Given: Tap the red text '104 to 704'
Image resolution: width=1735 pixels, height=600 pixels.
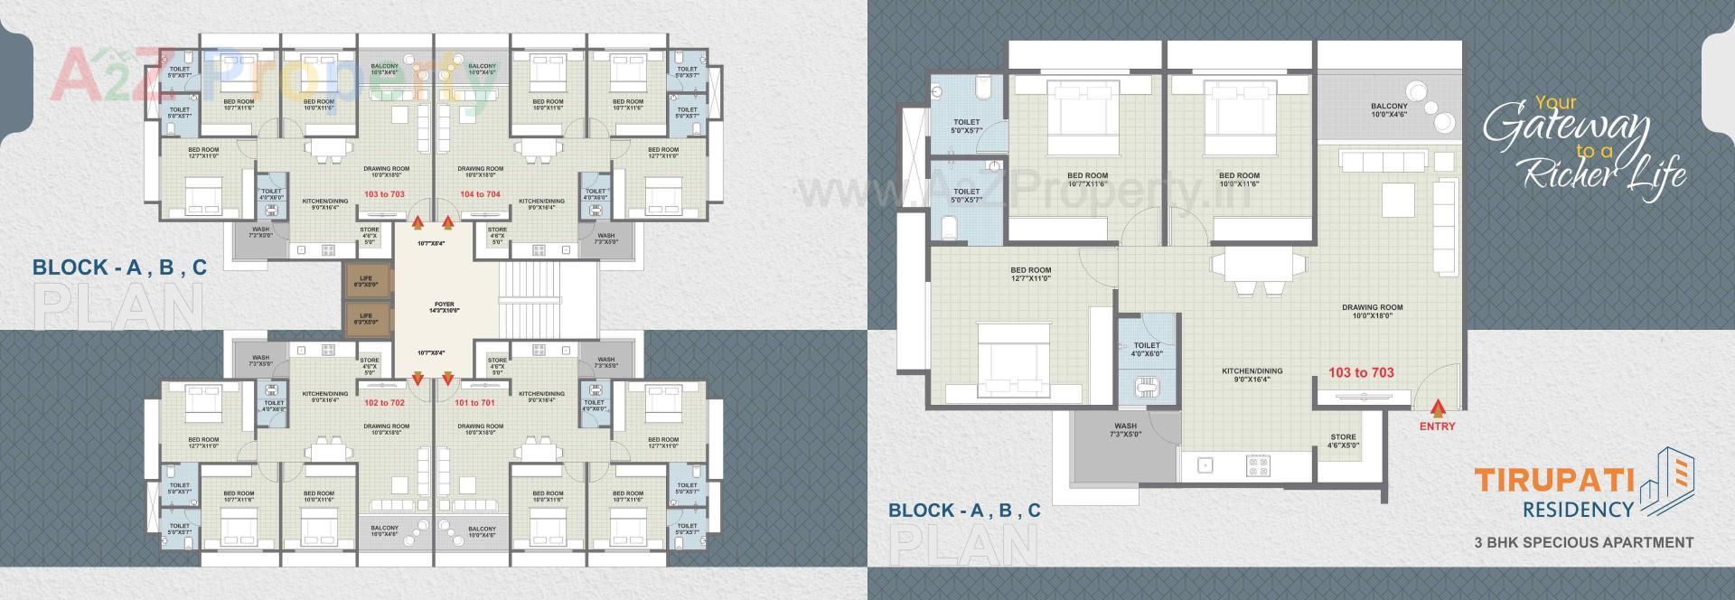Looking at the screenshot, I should (x=480, y=194).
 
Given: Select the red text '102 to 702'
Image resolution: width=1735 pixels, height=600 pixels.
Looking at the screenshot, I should (x=384, y=403).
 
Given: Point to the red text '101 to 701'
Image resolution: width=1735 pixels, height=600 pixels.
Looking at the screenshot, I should (x=474, y=403).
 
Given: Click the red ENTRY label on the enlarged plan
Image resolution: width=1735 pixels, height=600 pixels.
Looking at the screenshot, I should (x=1437, y=427).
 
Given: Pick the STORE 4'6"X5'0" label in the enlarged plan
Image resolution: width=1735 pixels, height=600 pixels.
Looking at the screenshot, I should (x=1343, y=441).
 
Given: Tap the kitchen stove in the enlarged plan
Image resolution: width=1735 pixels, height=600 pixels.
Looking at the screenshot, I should (x=1258, y=466).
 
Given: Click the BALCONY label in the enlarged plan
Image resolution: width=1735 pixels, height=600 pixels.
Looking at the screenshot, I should (x=1389, y=110).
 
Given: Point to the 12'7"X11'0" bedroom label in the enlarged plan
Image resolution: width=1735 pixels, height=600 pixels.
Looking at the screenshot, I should (x=1030, y=274).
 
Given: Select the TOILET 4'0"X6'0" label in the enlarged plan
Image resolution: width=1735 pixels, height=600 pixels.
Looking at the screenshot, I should (x=1146, y=349).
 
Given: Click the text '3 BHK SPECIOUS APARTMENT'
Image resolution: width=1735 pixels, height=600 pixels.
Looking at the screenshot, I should (x=1583, y=542).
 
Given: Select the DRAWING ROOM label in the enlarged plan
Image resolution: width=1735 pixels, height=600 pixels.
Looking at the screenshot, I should (x=1372, y=312).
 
